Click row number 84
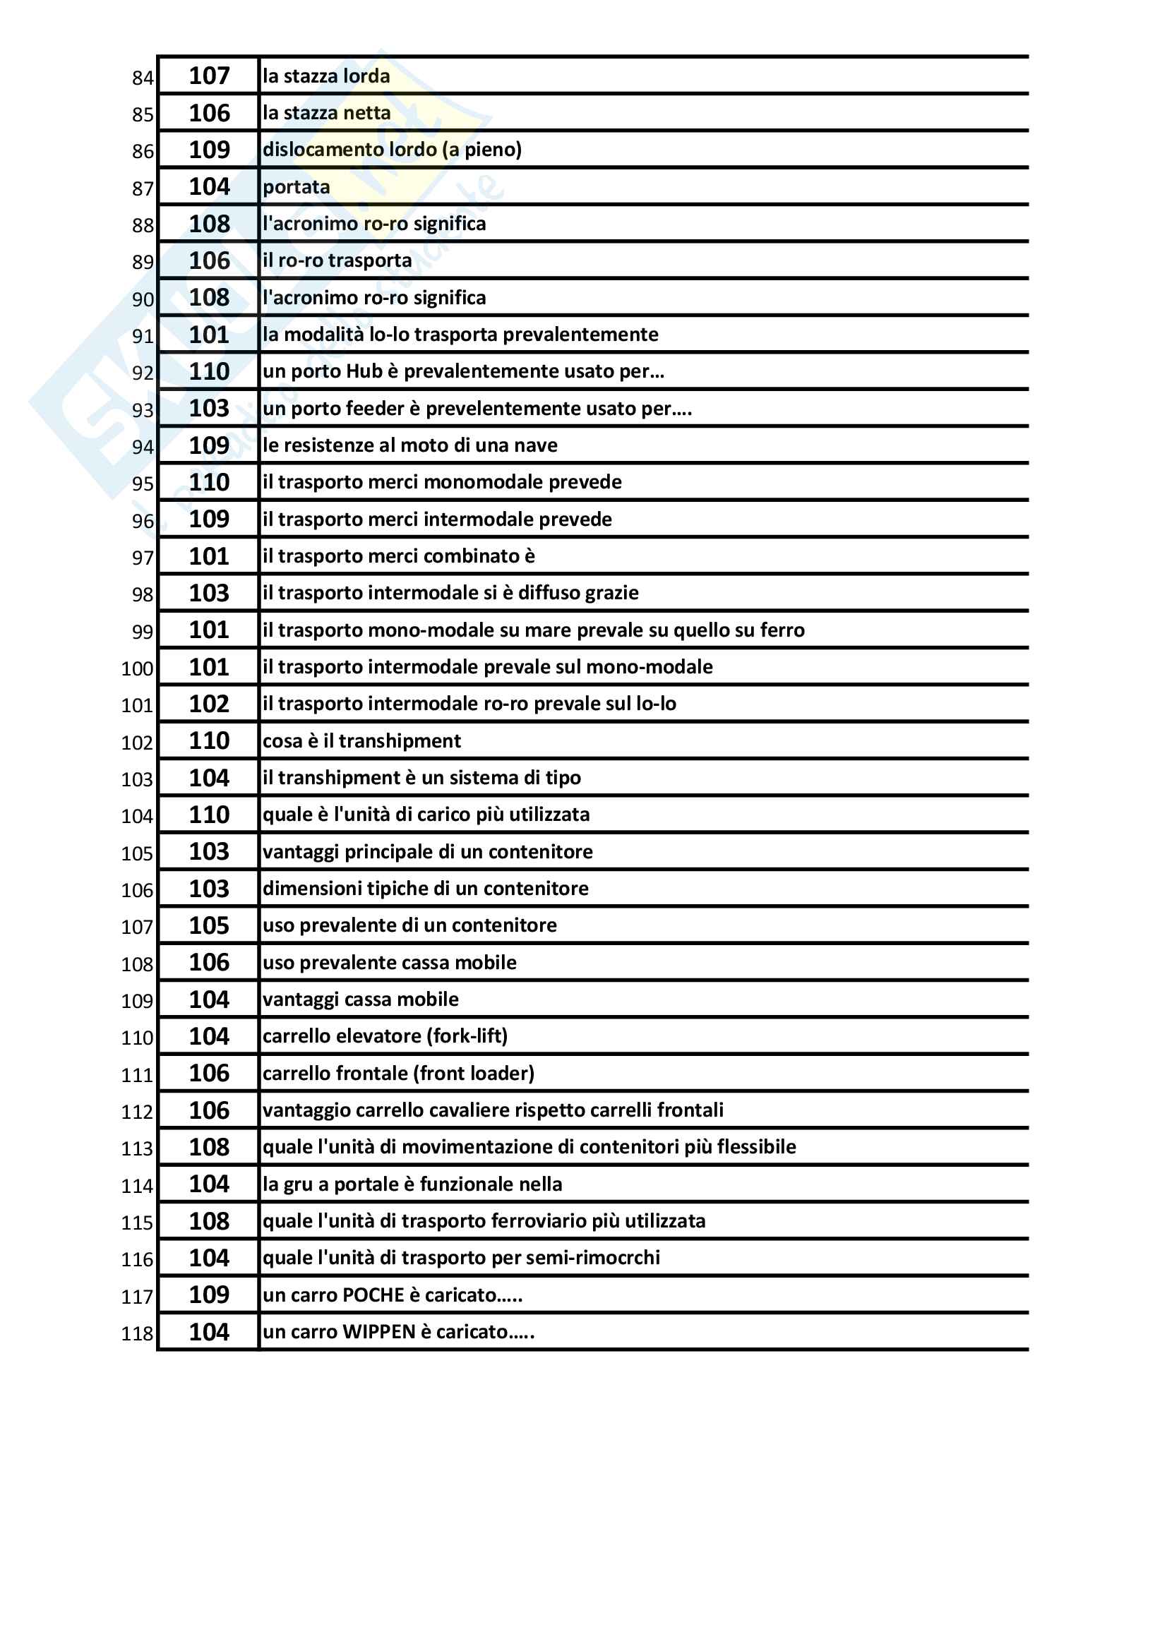143,78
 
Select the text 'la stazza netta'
326,113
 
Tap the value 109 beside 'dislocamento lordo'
208,150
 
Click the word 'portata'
297,187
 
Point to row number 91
143,336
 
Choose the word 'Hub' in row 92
364,371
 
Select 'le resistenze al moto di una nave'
410,445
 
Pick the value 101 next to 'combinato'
208,556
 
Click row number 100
138,668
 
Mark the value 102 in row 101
208,703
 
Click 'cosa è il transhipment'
361,740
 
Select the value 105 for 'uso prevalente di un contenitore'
208,925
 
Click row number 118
138,1334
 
